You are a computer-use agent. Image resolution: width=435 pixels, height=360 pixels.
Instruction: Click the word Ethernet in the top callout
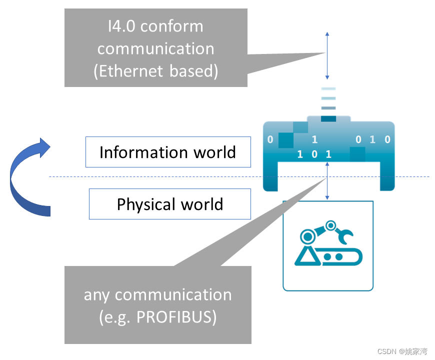click(x=131, y=71)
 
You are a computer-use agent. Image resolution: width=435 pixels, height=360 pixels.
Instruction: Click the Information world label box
click(x=168, y=152)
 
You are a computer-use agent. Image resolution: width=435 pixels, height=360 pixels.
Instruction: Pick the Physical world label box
click(x=169, y=204)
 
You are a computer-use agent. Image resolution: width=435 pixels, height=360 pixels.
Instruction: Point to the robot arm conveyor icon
click(x=327, y=245)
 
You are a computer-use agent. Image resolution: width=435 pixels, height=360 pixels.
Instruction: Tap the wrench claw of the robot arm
click(x=345, y=233)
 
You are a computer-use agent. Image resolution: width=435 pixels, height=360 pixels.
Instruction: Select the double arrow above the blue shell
click(x=327, y=55)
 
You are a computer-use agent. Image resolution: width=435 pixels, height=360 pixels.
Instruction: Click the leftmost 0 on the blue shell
click(x=270, y=140)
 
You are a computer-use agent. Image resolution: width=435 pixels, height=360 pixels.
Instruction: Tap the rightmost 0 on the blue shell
click(x=387, y=140)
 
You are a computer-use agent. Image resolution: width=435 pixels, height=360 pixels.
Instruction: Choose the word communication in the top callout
click(x=155, y=48)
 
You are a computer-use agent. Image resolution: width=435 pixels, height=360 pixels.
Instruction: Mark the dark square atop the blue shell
click(x=328, y=118)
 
